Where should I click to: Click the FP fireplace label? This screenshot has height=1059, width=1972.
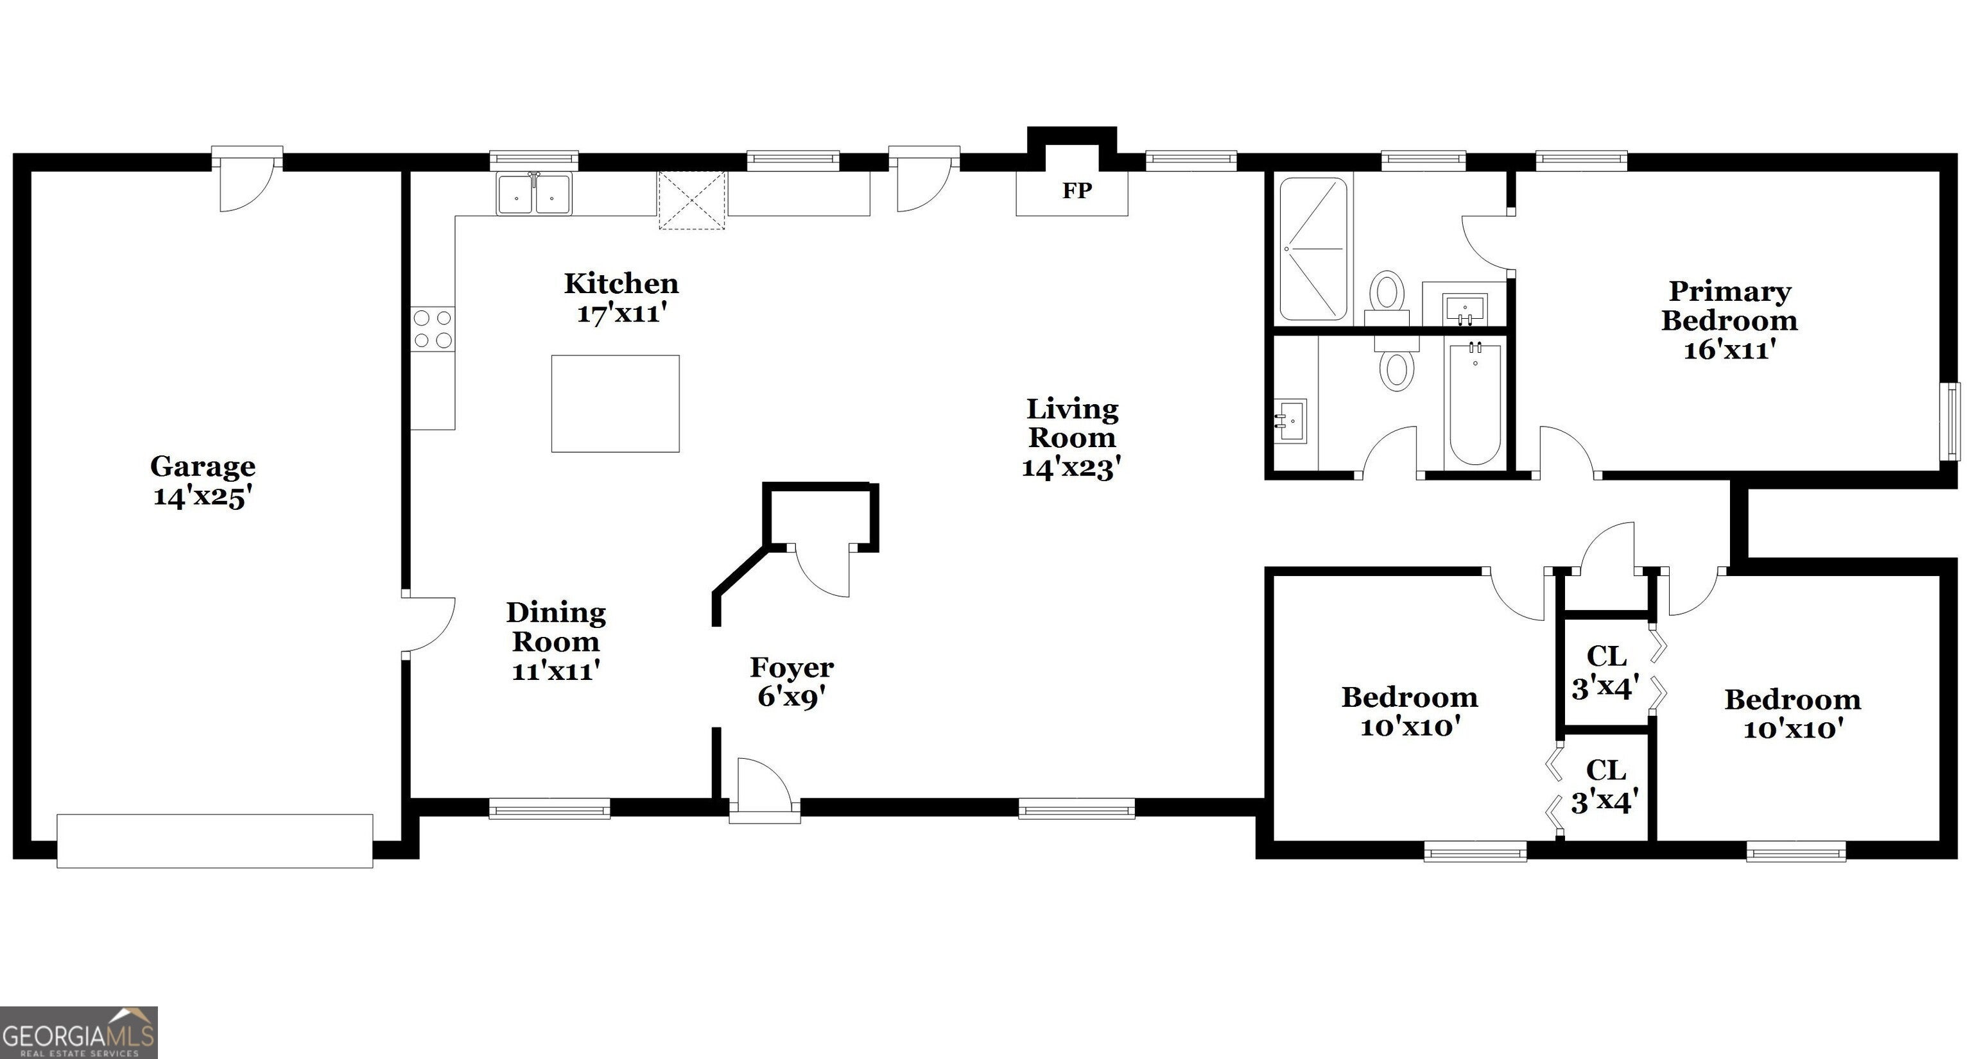point(1077,191)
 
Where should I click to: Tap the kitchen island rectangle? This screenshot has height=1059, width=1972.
point(616,403)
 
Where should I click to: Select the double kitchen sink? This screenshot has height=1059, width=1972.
point(533,194)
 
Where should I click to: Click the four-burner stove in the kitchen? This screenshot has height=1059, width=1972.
point(433,329)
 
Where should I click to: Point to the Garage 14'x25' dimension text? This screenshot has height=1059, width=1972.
point(203,496)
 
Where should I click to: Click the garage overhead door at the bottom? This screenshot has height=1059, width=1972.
point(215,841)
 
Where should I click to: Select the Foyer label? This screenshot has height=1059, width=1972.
point(791,667)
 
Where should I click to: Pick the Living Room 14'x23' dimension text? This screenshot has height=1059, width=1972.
point(1072,468)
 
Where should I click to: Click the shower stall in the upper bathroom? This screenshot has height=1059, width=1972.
point(1313,249)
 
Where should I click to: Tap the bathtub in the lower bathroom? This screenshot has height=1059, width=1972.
point(1475,403)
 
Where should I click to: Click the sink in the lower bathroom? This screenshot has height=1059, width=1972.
point(1291,420)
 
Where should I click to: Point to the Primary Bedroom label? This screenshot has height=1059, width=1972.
point(1729,305)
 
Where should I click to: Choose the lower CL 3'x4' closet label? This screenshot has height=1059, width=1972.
point(1605,786)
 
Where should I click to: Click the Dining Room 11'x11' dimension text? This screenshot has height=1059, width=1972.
point(556,671)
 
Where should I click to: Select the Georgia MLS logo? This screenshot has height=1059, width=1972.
point(79,1032)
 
